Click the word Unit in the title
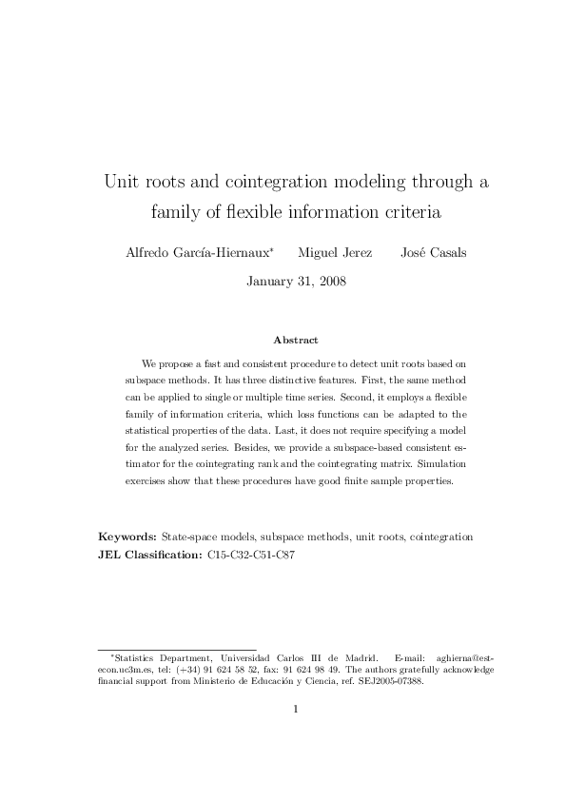[123, 182]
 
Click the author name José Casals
[434, 253]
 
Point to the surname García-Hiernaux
[220, 253]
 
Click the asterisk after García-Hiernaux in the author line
[272, 249]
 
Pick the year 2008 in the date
[329, 281]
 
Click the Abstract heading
[295, 340]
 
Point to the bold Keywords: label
[127, 537]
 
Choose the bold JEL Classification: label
[150, 553]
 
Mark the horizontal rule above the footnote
[177, 650]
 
